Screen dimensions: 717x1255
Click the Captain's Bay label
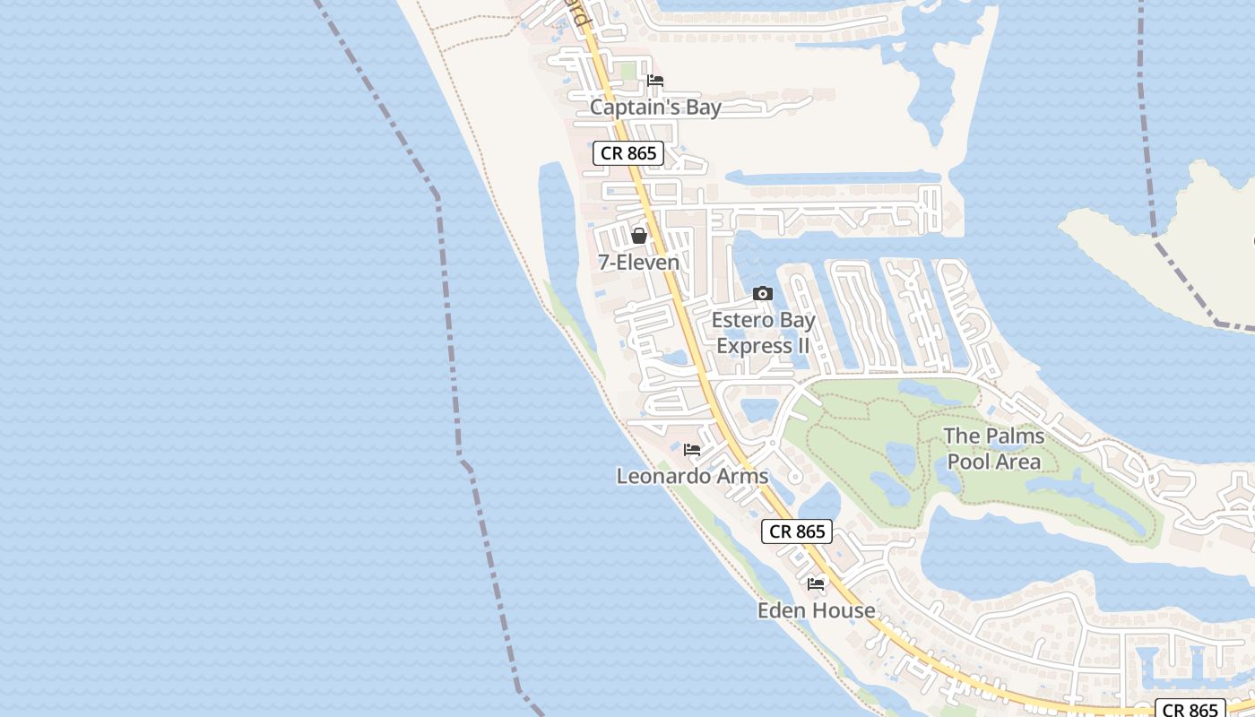pos(655,108)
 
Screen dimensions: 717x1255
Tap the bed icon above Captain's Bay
pos(655,81)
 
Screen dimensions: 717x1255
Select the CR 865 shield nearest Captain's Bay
pos(628,153)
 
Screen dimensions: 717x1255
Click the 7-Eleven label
pos(639,263)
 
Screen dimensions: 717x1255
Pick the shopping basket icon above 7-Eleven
pos(639,236)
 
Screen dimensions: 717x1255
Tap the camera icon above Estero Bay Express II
pos(763,293)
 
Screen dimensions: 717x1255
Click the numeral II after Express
pos(801,345)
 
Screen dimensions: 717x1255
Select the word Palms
pos(1016,436)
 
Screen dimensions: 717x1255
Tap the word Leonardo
pos(662,476)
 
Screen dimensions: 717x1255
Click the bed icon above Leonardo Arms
pos(692,449)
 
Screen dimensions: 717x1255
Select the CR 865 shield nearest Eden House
pos(797,531)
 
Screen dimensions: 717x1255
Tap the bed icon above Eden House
pos(816,583)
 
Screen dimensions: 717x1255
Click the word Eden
pos(783,610)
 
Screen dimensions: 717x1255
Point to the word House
pos(844,610)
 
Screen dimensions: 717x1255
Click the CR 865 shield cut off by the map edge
pos(1190,709)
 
